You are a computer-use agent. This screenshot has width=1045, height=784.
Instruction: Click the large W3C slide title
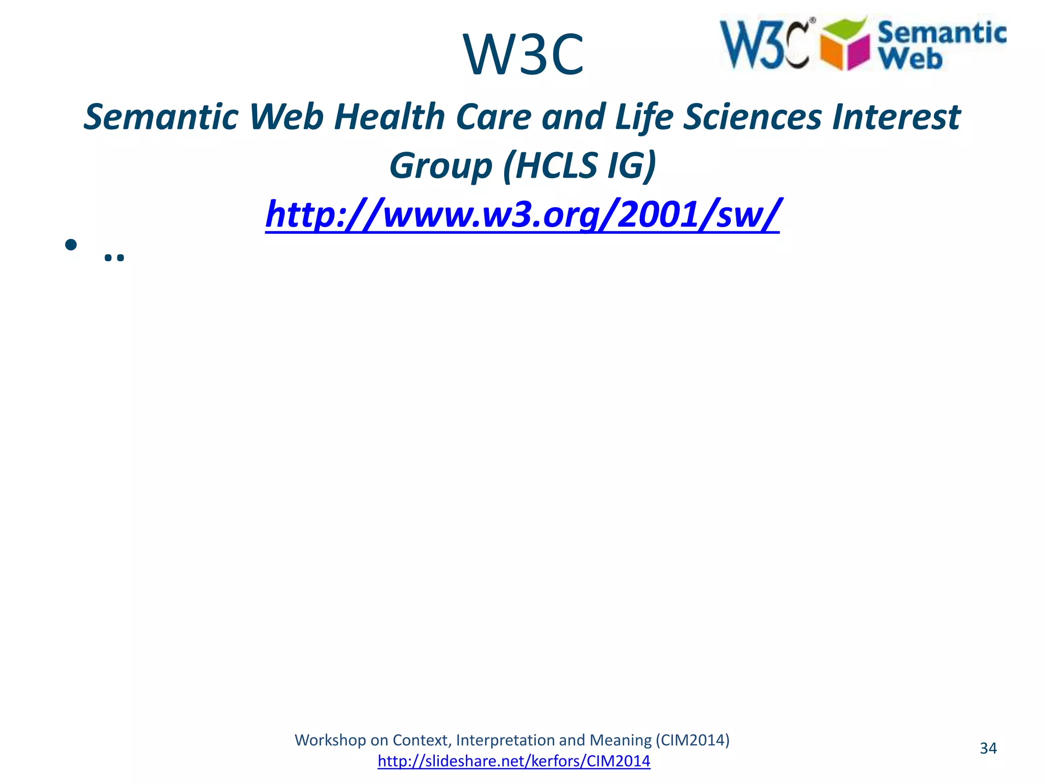point(523,55)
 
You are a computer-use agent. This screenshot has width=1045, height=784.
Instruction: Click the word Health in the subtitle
point(389,117)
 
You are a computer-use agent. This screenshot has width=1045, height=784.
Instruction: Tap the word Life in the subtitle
point(644,117)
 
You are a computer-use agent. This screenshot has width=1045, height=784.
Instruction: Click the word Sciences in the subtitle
point(753,117)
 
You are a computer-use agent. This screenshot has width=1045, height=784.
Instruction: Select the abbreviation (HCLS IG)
point(579,166)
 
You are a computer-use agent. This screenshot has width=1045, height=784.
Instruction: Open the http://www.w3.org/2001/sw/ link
point(522,214)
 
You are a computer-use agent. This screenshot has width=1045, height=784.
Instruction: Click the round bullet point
point(71,245)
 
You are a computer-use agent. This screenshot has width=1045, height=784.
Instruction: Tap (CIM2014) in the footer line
point(692,740)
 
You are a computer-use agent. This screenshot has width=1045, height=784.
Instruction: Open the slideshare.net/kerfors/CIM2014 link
point(514,761)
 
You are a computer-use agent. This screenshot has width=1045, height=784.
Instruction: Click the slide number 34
point(988,748)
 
